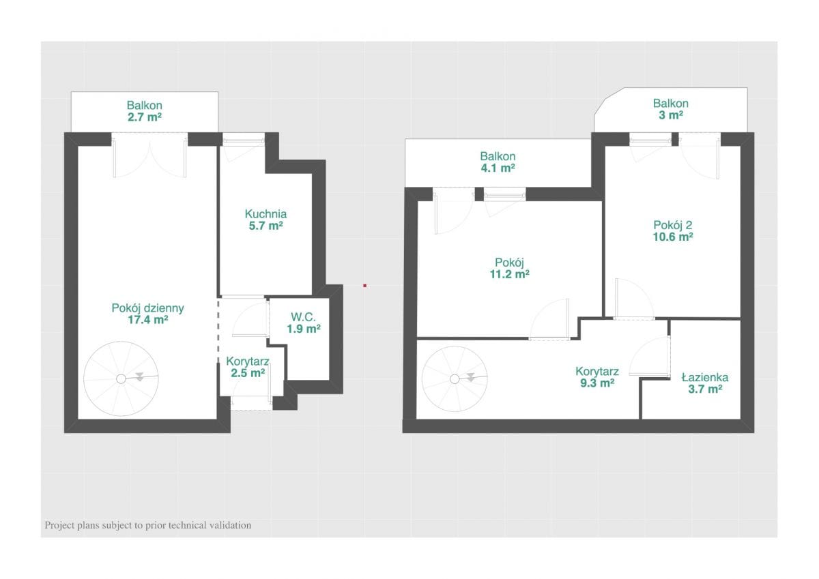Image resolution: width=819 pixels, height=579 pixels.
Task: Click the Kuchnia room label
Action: [265, 213]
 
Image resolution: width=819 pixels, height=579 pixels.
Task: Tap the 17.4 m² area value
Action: [147, 320]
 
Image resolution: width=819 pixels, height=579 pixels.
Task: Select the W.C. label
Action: [303, 316]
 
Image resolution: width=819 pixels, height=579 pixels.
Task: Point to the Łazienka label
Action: [705, 377]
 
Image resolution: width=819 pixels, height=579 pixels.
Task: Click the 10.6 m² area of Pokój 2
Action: [673, 237]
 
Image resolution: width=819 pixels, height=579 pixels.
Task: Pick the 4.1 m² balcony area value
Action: [498, 168]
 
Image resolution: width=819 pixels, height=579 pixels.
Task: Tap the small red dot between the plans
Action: [364, 286]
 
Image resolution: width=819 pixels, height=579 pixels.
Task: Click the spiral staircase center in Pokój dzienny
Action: [121, 378]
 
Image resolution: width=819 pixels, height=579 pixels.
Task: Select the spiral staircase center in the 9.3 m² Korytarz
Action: [455, 379]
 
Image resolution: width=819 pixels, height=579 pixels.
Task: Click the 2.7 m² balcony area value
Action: [145, 117]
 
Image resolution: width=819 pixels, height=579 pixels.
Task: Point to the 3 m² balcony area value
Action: [671, 115]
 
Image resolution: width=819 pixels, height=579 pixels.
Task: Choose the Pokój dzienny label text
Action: [147, 308]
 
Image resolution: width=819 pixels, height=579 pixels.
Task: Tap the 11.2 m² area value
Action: [510, 274]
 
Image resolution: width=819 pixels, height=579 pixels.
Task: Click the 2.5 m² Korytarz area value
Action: [248, 373]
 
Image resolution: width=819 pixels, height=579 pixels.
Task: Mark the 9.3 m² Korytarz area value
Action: [597, 383]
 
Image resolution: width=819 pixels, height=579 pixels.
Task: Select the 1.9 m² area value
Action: [304, 329]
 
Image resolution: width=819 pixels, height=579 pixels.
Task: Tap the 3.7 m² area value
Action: [705, 389]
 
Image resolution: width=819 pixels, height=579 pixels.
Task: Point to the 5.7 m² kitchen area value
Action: [265, 226]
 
